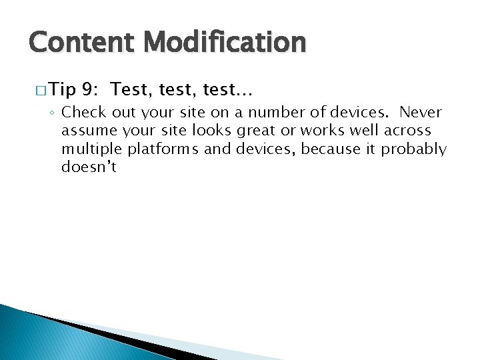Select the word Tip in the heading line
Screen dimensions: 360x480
pos(63,89)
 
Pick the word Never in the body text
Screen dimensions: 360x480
pos(421,111)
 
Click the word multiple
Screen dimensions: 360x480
pos(89,149)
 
